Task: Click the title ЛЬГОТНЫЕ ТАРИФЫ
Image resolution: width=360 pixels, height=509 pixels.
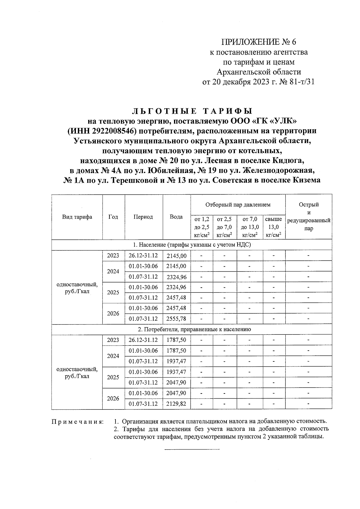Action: (192, 111)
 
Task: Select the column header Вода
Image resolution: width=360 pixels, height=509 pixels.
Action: (176, 217)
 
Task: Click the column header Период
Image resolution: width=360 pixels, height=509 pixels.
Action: (143, 217)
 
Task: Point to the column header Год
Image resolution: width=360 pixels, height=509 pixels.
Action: (113, 217)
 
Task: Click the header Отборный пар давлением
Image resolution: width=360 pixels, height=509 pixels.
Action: (238, 205)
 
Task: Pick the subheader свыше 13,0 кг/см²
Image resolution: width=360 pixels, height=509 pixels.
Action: (274, 227)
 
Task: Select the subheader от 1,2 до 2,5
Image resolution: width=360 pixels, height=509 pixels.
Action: (202, 227)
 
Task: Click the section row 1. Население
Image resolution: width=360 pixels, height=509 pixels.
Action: (192, 245)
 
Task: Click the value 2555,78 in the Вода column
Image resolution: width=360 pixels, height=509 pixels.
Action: (176, 319)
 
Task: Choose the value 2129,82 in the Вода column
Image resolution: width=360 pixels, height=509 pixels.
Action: (176, 404)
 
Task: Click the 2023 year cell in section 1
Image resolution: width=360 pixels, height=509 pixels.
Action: (113, 256)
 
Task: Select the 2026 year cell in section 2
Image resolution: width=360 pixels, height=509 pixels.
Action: (113, 398)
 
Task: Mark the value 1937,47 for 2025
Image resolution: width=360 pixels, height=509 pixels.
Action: (176, 372)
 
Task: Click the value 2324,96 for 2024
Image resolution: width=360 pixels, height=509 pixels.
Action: (176, 277)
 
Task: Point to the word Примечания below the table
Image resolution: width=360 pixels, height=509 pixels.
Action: (77, 422)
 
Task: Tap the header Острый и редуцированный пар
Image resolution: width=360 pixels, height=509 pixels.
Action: (309, 217)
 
